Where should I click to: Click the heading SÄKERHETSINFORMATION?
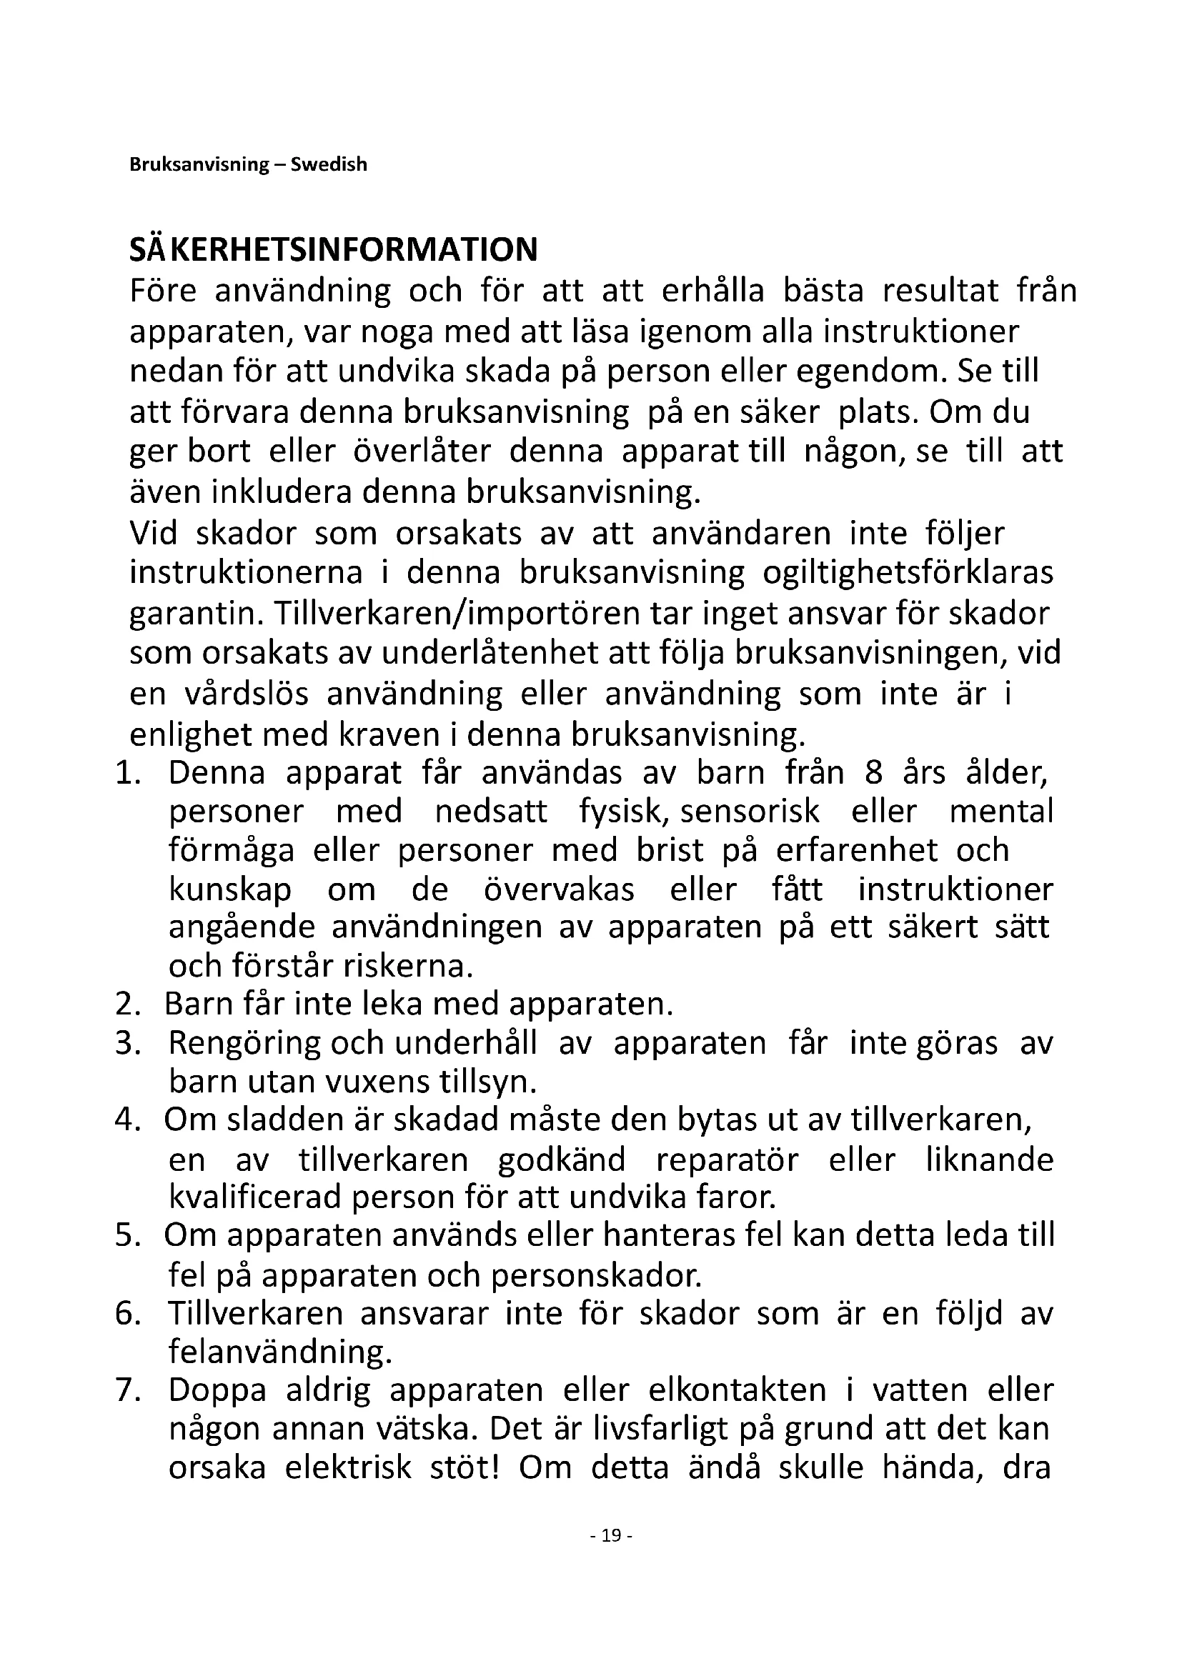coord(333,249)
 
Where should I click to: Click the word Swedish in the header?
coord(329,164)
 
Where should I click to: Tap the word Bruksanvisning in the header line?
coord(199,164)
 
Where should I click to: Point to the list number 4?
coord(126,1119)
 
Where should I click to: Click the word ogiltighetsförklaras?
coord(908,573)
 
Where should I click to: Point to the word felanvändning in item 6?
coord(280,1352)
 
